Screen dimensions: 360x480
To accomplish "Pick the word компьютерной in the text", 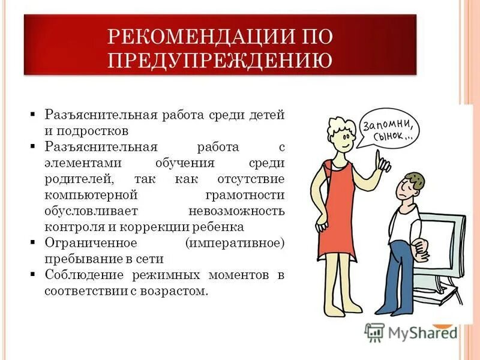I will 91,196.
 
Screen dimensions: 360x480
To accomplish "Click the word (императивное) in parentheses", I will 235,244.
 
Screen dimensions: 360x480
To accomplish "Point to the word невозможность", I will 236,211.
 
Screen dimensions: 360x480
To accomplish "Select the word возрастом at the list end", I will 178,292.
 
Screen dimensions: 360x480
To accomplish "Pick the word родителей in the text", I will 77,179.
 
